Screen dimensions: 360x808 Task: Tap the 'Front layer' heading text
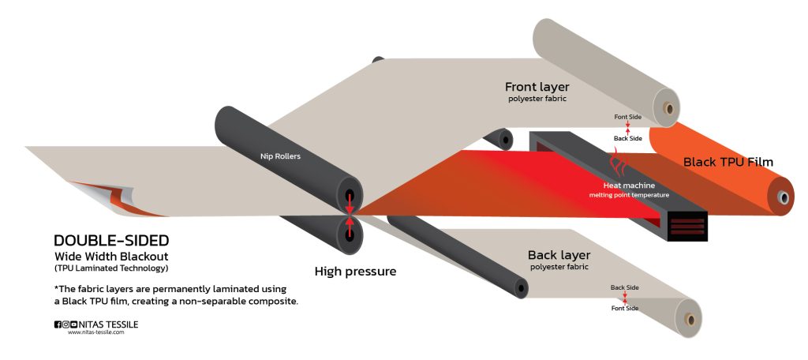(537, 87)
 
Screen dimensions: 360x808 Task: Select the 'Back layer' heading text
(559, 255)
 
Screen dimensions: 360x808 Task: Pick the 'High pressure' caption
(355, 272)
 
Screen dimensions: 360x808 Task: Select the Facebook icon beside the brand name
(58, 324)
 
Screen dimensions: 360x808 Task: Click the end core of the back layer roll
(689, 321)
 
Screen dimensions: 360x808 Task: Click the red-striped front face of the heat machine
(687, 225)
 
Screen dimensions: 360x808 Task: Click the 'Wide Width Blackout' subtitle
(111, 257)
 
